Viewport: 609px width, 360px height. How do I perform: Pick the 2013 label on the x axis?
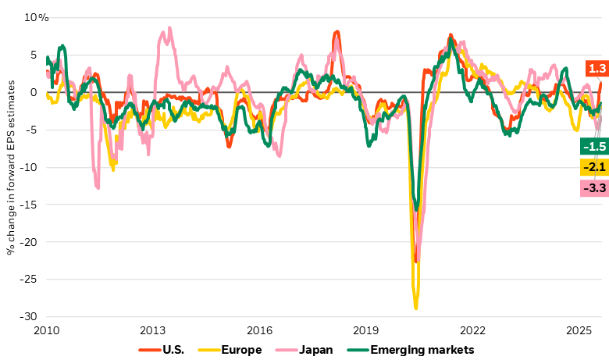153,330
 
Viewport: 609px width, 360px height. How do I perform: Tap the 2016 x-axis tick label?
260,330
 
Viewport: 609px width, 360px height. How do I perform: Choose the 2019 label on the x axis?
367,330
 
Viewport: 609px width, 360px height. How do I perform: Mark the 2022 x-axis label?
474,330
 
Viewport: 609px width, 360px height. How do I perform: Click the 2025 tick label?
580,330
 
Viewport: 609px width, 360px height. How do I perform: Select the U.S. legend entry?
166,349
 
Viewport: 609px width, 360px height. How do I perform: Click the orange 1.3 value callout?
597,69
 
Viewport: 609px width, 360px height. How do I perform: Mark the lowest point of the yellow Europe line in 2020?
415,308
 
